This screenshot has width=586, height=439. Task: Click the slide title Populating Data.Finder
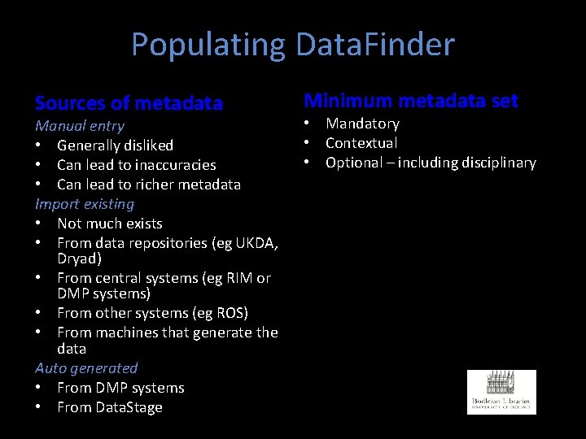(x=293, y=45)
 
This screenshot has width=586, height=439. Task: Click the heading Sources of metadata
(x=129, y=103)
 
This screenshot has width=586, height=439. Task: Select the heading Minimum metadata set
(x=411, y=101)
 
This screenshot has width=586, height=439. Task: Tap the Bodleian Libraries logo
(x=501, y=392)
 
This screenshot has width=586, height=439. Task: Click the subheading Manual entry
(x=80, y=126)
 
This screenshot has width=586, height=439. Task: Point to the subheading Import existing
(x=85, y=203)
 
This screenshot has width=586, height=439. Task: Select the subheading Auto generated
(x=86, y=368)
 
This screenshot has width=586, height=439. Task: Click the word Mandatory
(x=362, y=124)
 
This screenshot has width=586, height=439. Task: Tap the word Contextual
(x=361, y=143)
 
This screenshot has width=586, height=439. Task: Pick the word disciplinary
(x=496, y=163)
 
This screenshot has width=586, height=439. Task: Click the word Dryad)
(x=79, y=259)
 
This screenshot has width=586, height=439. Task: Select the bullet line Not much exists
(x=110, y=224)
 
